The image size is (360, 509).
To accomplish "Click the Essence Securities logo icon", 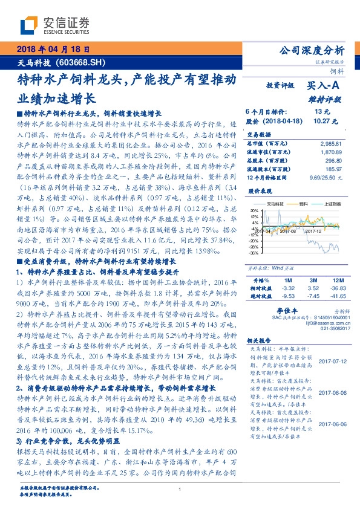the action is [x=30, y=25].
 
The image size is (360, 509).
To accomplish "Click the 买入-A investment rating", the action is [x=324, y=86].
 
